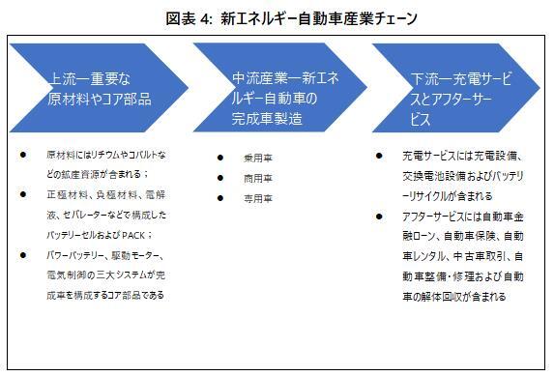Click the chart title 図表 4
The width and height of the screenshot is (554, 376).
pos(291,18)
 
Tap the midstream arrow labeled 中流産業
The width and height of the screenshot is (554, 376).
pos(279,88)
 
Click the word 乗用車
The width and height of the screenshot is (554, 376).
pos(258,158)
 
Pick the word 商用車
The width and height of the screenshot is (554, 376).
pos(258,178)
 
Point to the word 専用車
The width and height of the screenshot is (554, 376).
pos(258,198)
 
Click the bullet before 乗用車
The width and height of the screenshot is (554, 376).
pos(220,158)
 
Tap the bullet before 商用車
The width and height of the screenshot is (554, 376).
pos(220,178)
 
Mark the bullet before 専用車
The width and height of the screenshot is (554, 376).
pos(220,198)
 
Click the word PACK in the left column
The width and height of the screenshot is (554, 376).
pos(132,235)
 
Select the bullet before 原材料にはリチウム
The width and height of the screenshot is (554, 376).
pos(23,155)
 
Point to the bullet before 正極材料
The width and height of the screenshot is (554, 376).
pos(23,194)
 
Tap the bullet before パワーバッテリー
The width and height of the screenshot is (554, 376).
pos(23,255)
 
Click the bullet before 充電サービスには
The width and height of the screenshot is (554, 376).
pos(379,156)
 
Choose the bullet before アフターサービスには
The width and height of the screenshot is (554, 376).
pos(379,217)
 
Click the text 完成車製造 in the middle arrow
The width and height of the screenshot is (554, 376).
pos(267,118)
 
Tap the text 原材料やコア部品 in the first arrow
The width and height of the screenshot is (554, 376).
pos(100,99)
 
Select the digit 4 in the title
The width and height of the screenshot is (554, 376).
pos(205,19)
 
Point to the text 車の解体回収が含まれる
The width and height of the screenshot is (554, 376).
pos(454,297)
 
